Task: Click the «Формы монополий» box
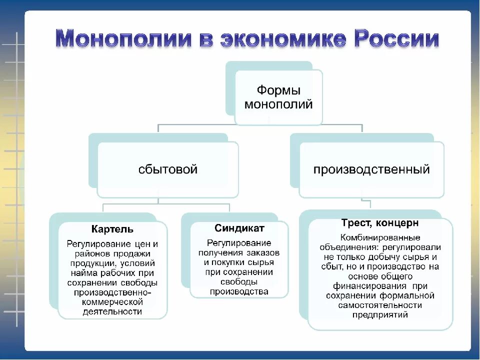tap(278, 97)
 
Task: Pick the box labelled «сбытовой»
tap(168, 169)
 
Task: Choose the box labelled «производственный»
tap(371, 169)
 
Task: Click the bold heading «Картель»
tap(112, 229)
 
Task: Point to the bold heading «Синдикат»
tap(239, 228)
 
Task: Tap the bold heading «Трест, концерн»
tap(380, 223)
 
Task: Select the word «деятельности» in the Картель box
tap(113, 311)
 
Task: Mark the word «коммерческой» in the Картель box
tap(112, 302)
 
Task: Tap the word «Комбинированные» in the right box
tap(380, 237)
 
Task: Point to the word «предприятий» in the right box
tap(380, 315)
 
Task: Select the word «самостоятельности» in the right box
tap(380, 305)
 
